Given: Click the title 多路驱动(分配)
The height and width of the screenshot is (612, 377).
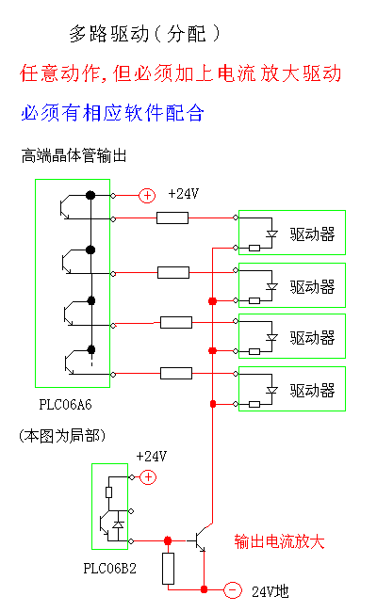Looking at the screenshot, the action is click(144, 34).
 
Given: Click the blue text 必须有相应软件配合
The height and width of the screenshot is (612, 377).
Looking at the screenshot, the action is click(112, 113).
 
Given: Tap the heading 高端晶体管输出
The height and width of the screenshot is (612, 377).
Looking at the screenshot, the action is click(74, 155).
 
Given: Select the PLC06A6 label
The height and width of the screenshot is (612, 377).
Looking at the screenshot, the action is click(65, 405).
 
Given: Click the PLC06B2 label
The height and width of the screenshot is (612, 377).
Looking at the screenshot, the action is click(109, 569).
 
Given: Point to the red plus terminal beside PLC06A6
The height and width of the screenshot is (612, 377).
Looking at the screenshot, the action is click(147, 196).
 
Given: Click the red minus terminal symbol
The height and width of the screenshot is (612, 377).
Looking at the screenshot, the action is click(233, 589).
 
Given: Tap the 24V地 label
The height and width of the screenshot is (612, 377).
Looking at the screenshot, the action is click(270, 591).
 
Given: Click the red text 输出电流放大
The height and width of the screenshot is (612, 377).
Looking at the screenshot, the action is click(279, 541).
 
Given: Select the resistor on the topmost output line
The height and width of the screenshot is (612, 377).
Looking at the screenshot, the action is click(172, 217).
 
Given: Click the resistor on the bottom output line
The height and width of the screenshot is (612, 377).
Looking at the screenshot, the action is click(176, 374).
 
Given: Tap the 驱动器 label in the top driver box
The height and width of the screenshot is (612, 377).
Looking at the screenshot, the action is click(312, 234).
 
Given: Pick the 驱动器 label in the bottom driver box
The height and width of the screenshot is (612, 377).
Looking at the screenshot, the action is click(312, 391).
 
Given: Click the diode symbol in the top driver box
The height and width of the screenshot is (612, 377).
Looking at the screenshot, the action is click(271, 234).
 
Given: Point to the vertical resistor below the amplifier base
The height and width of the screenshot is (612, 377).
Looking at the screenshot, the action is click(169, 569).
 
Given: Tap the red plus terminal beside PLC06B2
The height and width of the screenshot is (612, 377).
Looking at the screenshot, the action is click(148, 477).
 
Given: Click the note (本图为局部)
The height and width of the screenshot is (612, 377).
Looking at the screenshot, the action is click(62, 436).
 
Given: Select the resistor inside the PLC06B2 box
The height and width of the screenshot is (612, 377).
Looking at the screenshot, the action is click(109, 492).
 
